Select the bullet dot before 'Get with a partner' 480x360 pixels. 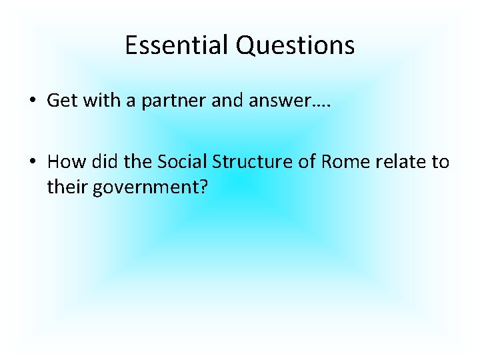point(31,101)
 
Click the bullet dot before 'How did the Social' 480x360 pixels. point(31,162)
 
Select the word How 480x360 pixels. point(64,162)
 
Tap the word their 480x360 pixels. point(67,187)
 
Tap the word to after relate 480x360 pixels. point(441,162)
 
